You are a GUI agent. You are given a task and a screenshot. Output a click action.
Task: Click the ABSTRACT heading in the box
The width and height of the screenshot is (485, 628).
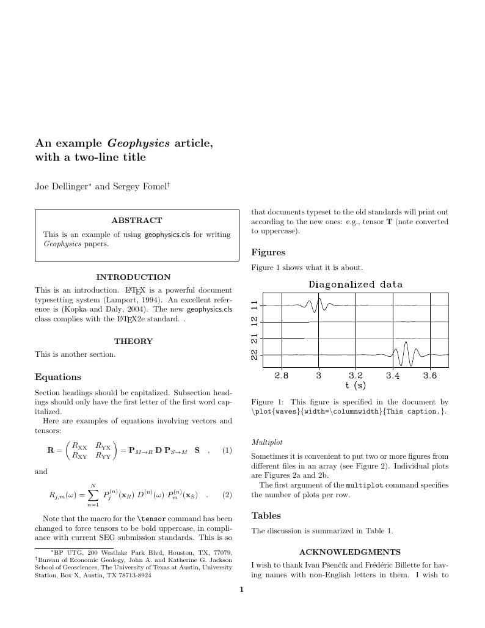point(137,221)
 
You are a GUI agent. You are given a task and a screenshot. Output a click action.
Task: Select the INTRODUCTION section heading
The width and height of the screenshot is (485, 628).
point(133,277)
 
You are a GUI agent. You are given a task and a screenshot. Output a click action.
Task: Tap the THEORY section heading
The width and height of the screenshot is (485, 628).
point(133,341)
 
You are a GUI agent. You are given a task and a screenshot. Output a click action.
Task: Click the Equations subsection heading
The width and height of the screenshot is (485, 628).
point(58,377)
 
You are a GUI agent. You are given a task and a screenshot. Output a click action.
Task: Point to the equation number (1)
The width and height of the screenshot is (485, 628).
point(227,451)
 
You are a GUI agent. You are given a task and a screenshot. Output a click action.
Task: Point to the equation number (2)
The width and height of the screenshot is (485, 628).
point(227,494)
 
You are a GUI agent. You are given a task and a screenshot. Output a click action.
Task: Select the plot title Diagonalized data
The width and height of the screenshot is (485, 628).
point(356,285)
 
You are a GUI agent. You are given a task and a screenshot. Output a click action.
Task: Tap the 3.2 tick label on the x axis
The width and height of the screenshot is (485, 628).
point(356,376)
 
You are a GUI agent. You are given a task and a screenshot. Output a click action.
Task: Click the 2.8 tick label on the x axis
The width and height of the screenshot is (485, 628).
point(281,376)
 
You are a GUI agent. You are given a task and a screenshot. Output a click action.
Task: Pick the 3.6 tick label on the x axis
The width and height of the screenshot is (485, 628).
point(430,376)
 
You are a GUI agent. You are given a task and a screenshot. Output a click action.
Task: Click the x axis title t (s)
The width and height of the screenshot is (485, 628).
point(356,385)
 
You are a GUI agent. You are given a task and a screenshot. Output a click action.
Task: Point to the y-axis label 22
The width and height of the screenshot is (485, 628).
point(255,354)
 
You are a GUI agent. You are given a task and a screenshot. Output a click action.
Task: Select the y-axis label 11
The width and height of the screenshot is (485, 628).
point(255,304)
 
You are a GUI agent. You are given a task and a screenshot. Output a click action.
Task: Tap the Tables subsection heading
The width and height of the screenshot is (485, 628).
point(266,516)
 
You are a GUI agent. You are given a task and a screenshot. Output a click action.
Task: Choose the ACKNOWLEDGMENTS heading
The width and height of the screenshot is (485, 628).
point(350,552)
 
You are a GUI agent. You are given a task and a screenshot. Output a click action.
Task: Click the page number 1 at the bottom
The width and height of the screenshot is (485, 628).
point(242,590)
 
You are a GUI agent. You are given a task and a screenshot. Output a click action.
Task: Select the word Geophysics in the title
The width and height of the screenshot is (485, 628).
point(139,144)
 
